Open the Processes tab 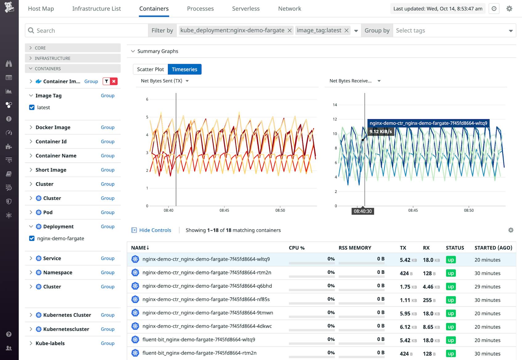click(x=200, y=9)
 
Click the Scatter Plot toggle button click(x=150, y=69)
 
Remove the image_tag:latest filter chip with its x click(x=347, y=30)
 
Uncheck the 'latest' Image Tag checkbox click(x=32, y=107)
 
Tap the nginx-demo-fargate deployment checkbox click(x=32, y=238)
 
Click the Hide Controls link click(x=155, y=230)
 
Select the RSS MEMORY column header click(x=355, y=248)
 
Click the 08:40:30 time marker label click(x=363, y=211)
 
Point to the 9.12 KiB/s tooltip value click(x=381, y=131)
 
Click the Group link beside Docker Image click(x=108, y=127)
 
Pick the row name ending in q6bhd click(x=207, y=286)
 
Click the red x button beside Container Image click(x=114, y=81)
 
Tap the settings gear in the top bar click(x=509, y=9)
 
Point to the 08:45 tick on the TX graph click(x=224, y=210)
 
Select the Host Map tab click(x=41, y=9)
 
